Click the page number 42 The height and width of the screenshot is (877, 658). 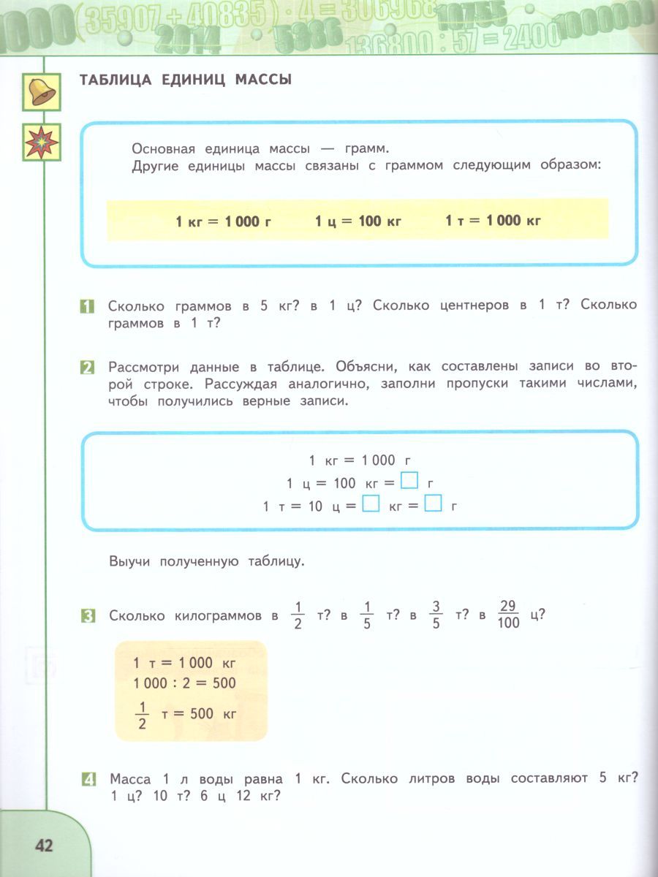44,846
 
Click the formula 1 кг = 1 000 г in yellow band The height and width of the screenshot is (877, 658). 223,221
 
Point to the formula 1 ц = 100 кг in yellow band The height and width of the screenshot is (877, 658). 358,220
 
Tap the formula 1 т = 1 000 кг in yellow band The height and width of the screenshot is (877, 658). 493,220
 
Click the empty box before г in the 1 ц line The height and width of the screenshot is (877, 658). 411,482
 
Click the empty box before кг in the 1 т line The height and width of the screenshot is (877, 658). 371,504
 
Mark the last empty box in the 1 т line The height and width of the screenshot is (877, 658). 434,504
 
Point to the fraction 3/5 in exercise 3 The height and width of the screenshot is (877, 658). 436,615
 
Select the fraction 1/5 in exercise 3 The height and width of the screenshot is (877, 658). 368,615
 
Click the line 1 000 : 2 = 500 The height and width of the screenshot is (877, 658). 184,683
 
